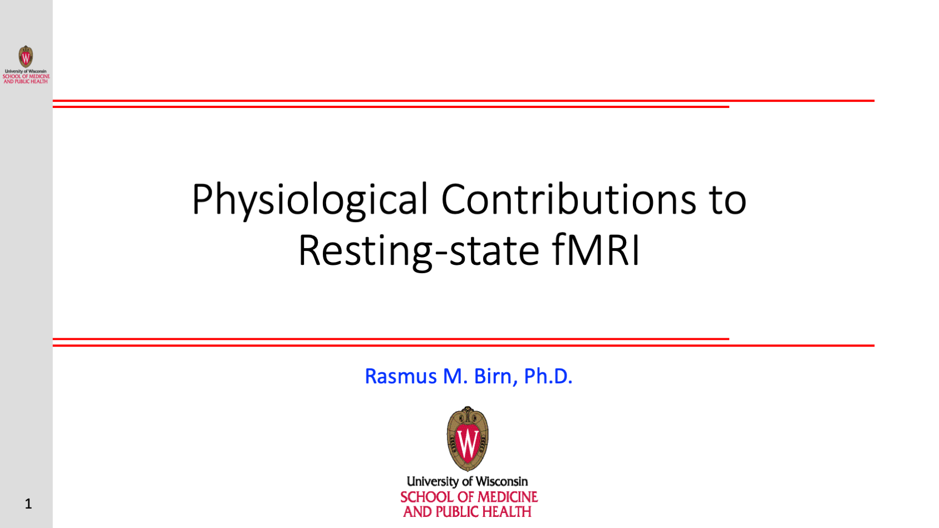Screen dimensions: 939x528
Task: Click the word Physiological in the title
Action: point(310,200)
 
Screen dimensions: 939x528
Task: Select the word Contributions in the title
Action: point(567,199)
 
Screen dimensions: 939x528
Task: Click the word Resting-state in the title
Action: point(419,250)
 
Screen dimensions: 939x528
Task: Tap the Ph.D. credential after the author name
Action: point(548,376)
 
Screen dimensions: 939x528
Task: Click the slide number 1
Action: point(28,504)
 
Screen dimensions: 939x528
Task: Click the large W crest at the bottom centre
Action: point(468,439)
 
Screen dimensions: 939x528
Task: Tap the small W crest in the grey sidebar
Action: point(26,57)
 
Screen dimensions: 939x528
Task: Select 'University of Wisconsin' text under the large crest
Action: point(468,481)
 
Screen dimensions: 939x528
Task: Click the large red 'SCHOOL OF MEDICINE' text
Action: point(469,497)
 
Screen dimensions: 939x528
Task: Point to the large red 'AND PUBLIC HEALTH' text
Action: point(468,512)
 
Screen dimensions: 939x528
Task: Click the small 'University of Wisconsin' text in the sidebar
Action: point(26,71)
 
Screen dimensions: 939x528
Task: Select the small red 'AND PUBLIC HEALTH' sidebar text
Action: point(26,81)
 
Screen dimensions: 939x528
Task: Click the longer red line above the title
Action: point(464,101)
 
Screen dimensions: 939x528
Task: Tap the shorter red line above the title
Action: point(391,107)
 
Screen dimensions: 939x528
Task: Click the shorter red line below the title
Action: point(391,339)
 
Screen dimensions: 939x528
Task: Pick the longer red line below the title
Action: point(464,346)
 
